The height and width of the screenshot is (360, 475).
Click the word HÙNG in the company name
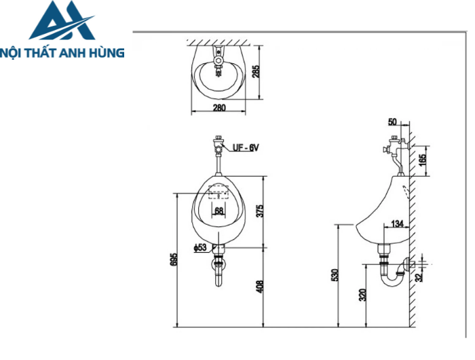(x=107, y=52)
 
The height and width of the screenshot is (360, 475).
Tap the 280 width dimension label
(x=218, y=108)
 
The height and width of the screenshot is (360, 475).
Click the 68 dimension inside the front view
(x=218, y=211)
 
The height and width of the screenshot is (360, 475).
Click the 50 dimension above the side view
(x=392, y=122)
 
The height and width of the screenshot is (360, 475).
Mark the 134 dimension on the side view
(x=397, y=223)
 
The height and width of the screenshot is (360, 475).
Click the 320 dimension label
(x=362, y=295)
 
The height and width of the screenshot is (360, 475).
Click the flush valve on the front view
(x=218, y=145)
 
